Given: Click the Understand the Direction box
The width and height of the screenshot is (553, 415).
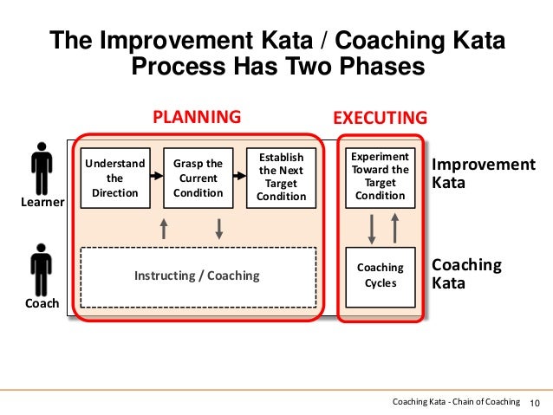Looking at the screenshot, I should click(x=114, y=178).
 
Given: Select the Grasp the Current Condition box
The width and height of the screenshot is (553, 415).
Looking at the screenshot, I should click(x=198, y=178).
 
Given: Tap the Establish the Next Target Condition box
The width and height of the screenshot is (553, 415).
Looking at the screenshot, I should click(x=282, y=178).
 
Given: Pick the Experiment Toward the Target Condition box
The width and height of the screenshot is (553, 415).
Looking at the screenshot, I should click(x=381, y=178).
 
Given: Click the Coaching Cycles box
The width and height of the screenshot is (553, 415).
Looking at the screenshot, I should click(x=381, y=276).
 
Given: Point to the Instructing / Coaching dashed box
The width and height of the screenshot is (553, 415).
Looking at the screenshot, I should click(x=198, y=276).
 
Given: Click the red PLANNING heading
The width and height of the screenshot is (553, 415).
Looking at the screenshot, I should click(x=197, y=117).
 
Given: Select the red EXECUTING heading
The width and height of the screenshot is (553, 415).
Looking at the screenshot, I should click(x=381, y=117).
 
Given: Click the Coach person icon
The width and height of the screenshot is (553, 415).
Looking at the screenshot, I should click(x=41, y=269).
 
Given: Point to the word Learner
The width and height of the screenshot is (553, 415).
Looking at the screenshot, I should click(x=42, y=203).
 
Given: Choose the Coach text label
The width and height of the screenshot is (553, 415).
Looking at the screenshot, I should click(x=42, y=303).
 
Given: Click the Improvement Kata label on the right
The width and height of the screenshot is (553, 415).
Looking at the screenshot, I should click(x=484, y=173).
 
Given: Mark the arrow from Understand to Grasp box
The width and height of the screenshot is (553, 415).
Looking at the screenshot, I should click(x=157, y=175).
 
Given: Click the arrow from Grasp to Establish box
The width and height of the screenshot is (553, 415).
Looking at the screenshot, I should click(x=240, y=175).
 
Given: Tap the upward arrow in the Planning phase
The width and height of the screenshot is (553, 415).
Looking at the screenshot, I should click(x=164, y=228).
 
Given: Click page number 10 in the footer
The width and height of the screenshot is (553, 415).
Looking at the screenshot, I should click(x=534, y=401).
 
